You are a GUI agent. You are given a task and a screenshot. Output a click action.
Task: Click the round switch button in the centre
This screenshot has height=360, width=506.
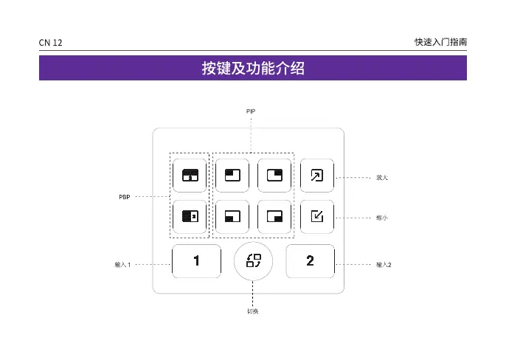coord(253,260)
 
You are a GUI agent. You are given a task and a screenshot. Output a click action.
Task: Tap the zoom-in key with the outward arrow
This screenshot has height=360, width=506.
coord(316,176)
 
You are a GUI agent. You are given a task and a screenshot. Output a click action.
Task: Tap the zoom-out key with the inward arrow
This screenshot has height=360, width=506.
coord(316,217)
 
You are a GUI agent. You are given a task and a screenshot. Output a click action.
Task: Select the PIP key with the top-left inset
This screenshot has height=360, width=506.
coord(232,176)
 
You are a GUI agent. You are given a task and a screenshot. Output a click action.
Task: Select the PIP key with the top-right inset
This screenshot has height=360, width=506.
coord(274,176)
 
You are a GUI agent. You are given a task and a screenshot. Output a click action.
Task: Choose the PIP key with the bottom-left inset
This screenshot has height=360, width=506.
coord(232,217)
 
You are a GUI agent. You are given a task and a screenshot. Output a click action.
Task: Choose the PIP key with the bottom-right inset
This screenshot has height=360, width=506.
coord(274,217)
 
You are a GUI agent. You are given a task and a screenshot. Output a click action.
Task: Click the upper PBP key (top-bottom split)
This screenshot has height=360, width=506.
coord(190,176)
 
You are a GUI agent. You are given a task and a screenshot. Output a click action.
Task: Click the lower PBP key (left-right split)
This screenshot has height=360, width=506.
coord(190,217)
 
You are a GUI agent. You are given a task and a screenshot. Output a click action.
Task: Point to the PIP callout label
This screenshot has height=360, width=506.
coord(251,110)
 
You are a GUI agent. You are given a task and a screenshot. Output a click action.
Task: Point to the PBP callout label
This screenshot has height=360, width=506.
coord(125,197)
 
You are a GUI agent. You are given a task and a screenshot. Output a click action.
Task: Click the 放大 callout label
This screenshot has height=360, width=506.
coord(381,178)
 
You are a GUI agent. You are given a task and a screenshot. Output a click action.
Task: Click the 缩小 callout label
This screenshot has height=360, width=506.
coord(381,218)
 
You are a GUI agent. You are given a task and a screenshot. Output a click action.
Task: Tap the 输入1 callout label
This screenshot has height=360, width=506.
coord(122,264)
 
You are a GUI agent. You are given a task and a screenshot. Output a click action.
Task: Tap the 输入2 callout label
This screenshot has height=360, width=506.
coord(383,264)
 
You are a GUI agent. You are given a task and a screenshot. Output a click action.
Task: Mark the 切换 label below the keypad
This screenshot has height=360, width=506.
coord(252,311)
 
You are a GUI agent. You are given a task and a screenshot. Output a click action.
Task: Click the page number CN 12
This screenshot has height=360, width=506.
coord(51,44)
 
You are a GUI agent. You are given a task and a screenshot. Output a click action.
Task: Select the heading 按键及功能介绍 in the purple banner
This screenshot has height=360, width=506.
coord(253,69)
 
